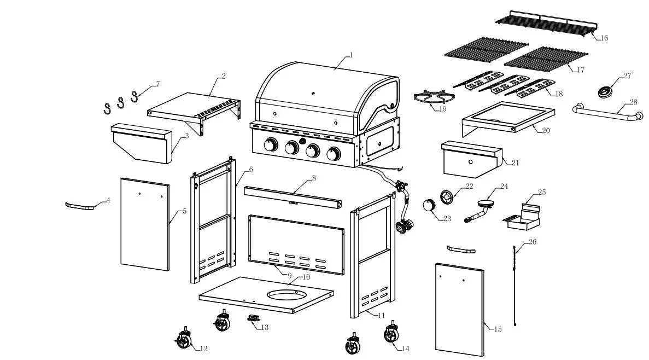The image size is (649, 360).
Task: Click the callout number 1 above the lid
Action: click(351, 55)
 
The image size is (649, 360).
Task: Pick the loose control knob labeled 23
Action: click(429, 206)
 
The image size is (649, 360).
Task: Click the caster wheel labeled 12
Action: click(184, 341)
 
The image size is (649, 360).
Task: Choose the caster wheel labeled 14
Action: click(391, 333)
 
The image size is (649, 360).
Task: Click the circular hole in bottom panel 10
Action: click(287, 294)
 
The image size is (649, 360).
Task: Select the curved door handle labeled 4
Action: click(80, 206)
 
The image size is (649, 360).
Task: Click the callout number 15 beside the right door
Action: click(498, 329)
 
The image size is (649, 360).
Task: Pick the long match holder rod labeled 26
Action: click(515, 284)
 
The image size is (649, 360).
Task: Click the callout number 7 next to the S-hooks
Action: click(158, 84)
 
